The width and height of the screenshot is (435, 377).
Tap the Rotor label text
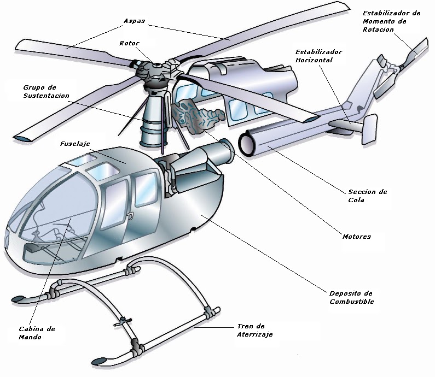129,44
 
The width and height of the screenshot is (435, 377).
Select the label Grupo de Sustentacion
46,91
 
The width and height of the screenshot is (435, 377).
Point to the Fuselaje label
75,144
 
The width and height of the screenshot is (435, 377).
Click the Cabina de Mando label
36,333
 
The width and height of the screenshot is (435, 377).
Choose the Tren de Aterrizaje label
254,330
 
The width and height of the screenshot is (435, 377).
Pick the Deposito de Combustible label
351,297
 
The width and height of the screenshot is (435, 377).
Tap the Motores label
356,237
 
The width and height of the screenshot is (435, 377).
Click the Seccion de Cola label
367,196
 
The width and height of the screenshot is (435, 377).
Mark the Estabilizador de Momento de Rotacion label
391,21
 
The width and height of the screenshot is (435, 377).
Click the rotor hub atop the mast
155,71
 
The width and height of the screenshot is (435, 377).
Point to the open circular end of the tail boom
248,142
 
